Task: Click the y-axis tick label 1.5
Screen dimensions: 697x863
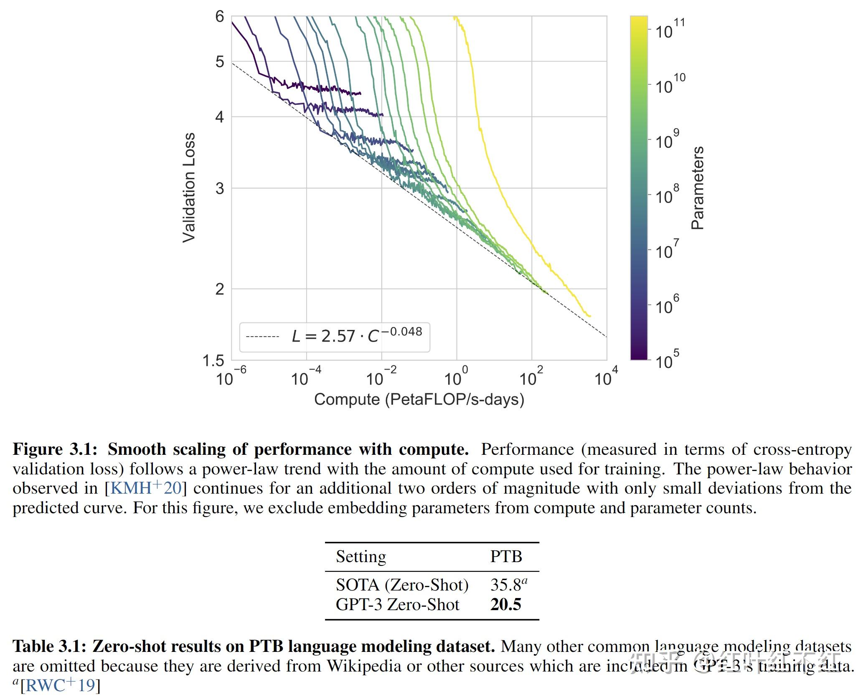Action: [213, 360]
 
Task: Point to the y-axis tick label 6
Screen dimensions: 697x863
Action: [219, 17]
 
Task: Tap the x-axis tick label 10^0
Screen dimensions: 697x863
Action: [456, 377]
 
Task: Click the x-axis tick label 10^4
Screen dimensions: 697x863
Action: [606, 377]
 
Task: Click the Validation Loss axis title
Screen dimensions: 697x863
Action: [189, 188]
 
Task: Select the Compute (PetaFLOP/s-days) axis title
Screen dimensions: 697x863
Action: [419, 400]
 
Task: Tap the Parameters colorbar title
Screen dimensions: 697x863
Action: [698, 188]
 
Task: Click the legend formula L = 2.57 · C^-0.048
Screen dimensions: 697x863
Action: [356, 336]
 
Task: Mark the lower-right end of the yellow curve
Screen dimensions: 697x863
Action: [589, 316]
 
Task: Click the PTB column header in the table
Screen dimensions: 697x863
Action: [506, 557]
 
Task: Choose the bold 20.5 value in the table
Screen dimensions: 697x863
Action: [505, 605]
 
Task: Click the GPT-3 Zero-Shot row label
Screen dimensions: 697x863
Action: [397, 605]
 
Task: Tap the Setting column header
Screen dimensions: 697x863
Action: [361, 557]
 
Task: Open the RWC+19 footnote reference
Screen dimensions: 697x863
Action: [60, 686]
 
